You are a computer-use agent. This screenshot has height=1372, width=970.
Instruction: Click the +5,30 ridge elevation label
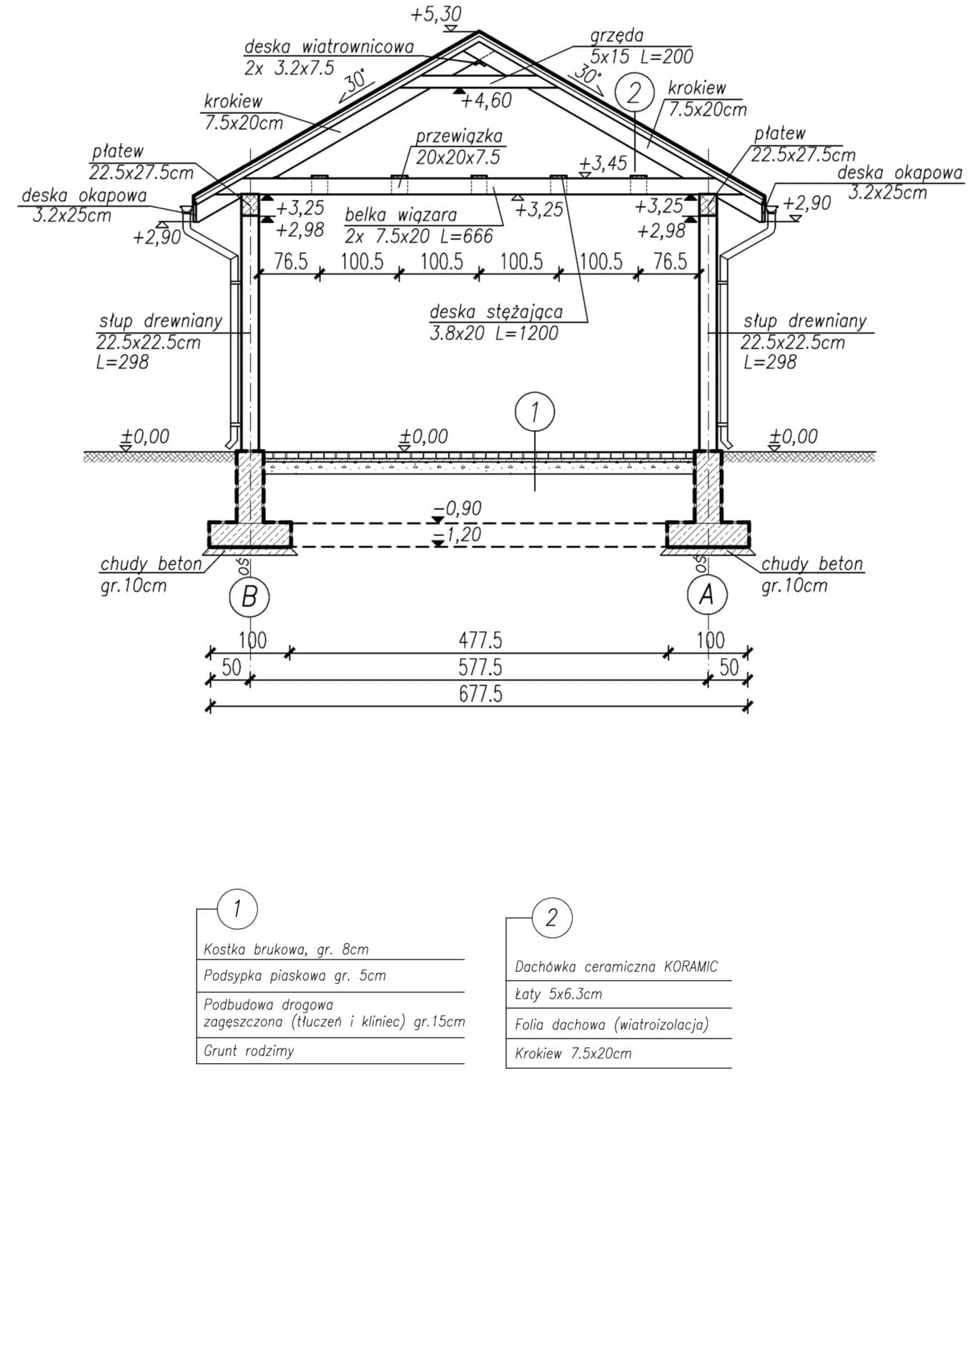point(436,14)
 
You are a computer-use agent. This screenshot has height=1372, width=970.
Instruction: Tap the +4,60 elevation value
point(486,101)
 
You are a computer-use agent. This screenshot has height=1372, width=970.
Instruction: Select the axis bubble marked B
point(249,596)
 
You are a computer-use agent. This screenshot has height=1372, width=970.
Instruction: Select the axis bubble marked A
point(707,595)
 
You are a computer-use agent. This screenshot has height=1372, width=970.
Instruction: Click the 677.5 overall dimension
point(480,694)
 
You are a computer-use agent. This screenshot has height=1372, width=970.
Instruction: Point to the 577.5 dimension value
point(480,667)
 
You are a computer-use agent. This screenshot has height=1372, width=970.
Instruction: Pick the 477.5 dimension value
point(480,640)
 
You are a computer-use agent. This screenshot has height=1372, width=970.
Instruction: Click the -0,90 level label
point(462,508)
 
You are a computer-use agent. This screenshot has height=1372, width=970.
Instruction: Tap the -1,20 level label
point(462,535)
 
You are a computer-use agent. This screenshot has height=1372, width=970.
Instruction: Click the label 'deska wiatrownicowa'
point(329,47)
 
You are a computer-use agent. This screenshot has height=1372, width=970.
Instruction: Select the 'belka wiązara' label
point(400,214)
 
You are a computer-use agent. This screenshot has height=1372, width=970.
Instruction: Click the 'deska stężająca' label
point(496,312)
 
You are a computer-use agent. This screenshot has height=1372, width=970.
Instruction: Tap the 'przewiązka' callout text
point(459,136)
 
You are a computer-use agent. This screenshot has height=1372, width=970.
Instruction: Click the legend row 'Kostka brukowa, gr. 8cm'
point(286,950)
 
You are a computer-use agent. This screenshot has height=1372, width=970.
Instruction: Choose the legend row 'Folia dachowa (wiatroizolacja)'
point(611,1025)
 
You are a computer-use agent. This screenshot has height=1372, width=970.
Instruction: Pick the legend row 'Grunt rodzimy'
point(249,1051)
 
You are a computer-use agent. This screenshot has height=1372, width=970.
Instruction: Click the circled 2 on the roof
point(635,94)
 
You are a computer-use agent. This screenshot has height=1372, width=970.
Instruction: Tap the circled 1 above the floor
point(535,412)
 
